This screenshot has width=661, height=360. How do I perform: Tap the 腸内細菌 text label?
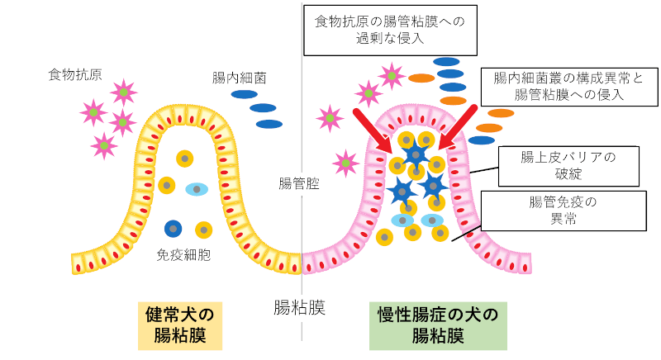coord(239,78)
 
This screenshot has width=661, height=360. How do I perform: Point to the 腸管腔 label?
coord(299,183)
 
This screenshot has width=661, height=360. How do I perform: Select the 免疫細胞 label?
coord(183,255)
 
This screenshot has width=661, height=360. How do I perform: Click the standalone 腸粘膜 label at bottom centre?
coord(299,309)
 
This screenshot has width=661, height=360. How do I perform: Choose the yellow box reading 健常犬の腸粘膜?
coord(179,325)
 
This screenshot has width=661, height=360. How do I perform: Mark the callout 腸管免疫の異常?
coord(562,209)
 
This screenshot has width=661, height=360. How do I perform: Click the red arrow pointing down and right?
coord(373,130)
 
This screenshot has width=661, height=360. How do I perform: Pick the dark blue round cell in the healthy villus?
coord(174,228)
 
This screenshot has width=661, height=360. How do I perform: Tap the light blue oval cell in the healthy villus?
coord(197,189)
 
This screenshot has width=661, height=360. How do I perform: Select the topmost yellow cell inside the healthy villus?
coord(185,158)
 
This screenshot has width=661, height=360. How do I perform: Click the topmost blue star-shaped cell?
coord(416,153)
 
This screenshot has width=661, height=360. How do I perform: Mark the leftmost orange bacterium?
coord(421,78)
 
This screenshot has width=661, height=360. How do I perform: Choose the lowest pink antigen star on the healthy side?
coord(105,146)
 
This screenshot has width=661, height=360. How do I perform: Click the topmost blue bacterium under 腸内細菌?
coord(244,94)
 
